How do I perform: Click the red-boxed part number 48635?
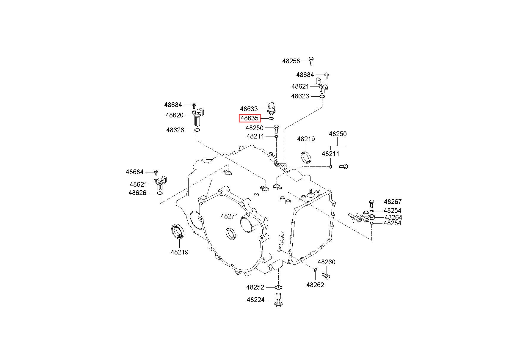(x=250, y=118)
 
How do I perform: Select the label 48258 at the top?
(x=291, y=61)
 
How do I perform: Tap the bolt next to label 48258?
(x=311, y=61)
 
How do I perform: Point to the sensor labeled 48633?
(x=271, y=109)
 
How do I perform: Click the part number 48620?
(x=175, y=115)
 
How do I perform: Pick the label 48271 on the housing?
(x=229, y=216)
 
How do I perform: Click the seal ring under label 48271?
(x=231, y=233)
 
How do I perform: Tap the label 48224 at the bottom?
(x=255, y=300)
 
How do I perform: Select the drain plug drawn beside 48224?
(x=279, y=301)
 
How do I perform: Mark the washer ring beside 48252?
(x=278, y=287)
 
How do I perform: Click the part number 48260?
(x=326, y=262)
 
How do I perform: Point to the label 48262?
(x=315, y=285)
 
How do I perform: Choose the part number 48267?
(x=393, y=202)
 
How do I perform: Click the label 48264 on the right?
(x=393, y=217)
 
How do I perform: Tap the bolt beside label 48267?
(x=371, y=203)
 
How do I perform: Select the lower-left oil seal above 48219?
(x=178, y=232)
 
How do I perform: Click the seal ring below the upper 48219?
(x=305, y=157)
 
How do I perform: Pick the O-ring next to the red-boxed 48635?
(x=271, y=118)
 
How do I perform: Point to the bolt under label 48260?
(x=326, y=276)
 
